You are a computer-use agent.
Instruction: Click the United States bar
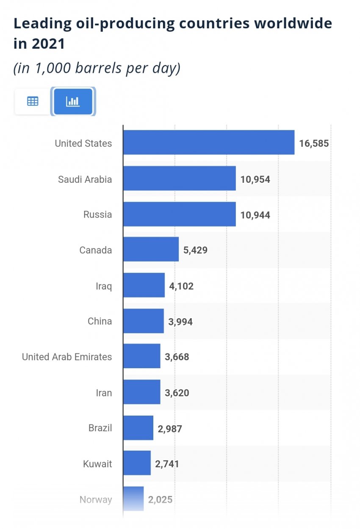(208, 143)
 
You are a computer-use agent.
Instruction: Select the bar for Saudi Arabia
(179, 179)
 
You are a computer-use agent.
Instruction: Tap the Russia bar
(179, 214)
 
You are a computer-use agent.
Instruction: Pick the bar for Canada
(151, 250)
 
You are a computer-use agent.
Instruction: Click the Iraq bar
(144, 286)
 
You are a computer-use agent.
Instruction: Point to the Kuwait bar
(137, 463)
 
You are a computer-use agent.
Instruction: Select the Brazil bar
(138, 428)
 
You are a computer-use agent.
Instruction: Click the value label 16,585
(314, 143)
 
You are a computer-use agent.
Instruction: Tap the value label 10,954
(255, 179)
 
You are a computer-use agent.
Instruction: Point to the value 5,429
(195, 250)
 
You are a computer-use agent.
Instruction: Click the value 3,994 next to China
(180, 322)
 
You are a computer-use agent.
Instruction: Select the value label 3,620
(177, 393)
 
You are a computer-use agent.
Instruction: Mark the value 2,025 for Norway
(160, 499)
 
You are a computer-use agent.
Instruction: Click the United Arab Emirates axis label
(67, 357)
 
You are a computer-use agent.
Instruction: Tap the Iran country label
(104, 393)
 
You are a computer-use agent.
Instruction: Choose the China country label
(100, 321)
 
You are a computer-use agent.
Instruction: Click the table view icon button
(33, 101)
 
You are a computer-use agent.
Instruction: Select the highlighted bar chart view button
(73, 101)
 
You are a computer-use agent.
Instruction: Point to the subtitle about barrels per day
(97, 68)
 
